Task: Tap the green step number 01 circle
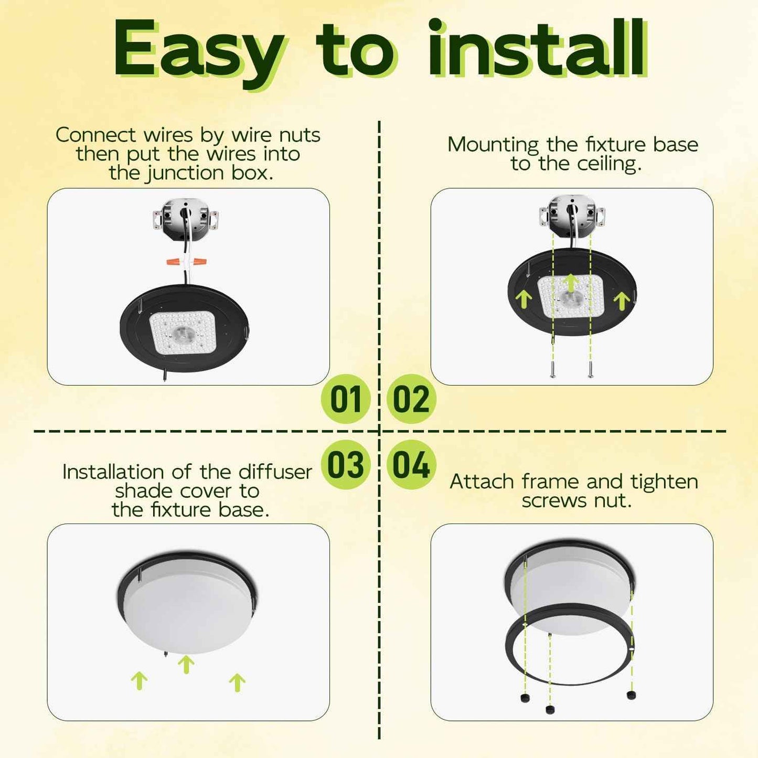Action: click(x=346, y=399)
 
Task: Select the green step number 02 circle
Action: click(x=411, y=399)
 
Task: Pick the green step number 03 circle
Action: click(x=346, y=465)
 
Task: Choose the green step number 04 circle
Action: click(x=411, y=465)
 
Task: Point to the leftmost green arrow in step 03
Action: click(x=139, y=680)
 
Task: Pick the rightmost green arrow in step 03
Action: click(x=237, y=682)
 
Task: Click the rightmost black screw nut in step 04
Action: click(x=631, y=695)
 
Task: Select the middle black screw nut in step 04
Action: click(x=550, y=709)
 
